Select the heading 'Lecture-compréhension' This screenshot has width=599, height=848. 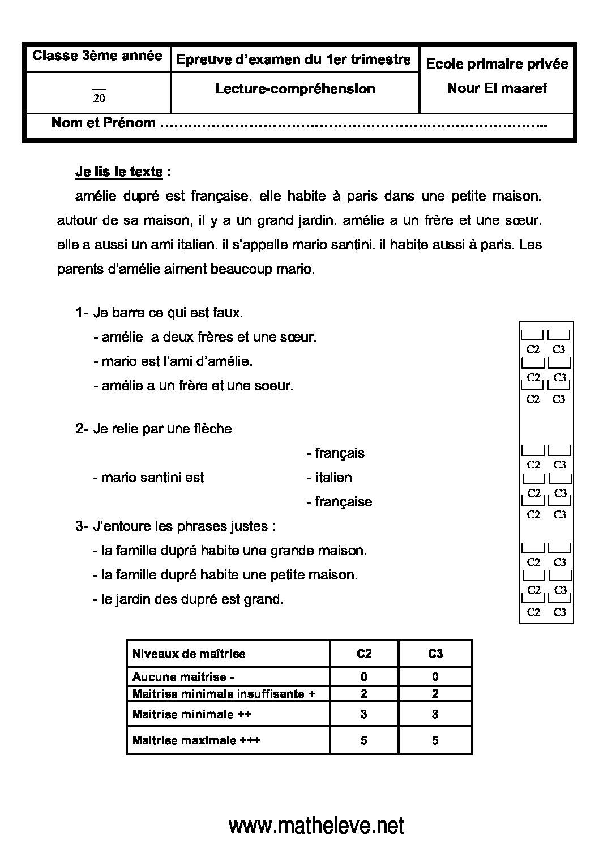[x=295, y=89]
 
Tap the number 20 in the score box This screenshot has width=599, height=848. [x=99, y=98]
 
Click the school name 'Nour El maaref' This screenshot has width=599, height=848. [x=497, y=88]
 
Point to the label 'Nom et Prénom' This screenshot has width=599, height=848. [x=103, y=123]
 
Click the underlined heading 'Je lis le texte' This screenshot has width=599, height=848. [x=119, y=172]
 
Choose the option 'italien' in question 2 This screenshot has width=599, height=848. [x=333, y=478]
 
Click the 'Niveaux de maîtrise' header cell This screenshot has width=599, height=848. [x=189, y=654]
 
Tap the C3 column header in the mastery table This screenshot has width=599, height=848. [x=435, y=654]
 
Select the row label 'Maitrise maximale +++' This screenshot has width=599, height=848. [x=196, y=740]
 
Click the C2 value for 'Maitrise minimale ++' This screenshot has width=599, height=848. [x=363, y=714]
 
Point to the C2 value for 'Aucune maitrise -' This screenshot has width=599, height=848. [x=363, y=677]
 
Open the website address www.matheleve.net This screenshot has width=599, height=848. [x=316, y=825]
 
